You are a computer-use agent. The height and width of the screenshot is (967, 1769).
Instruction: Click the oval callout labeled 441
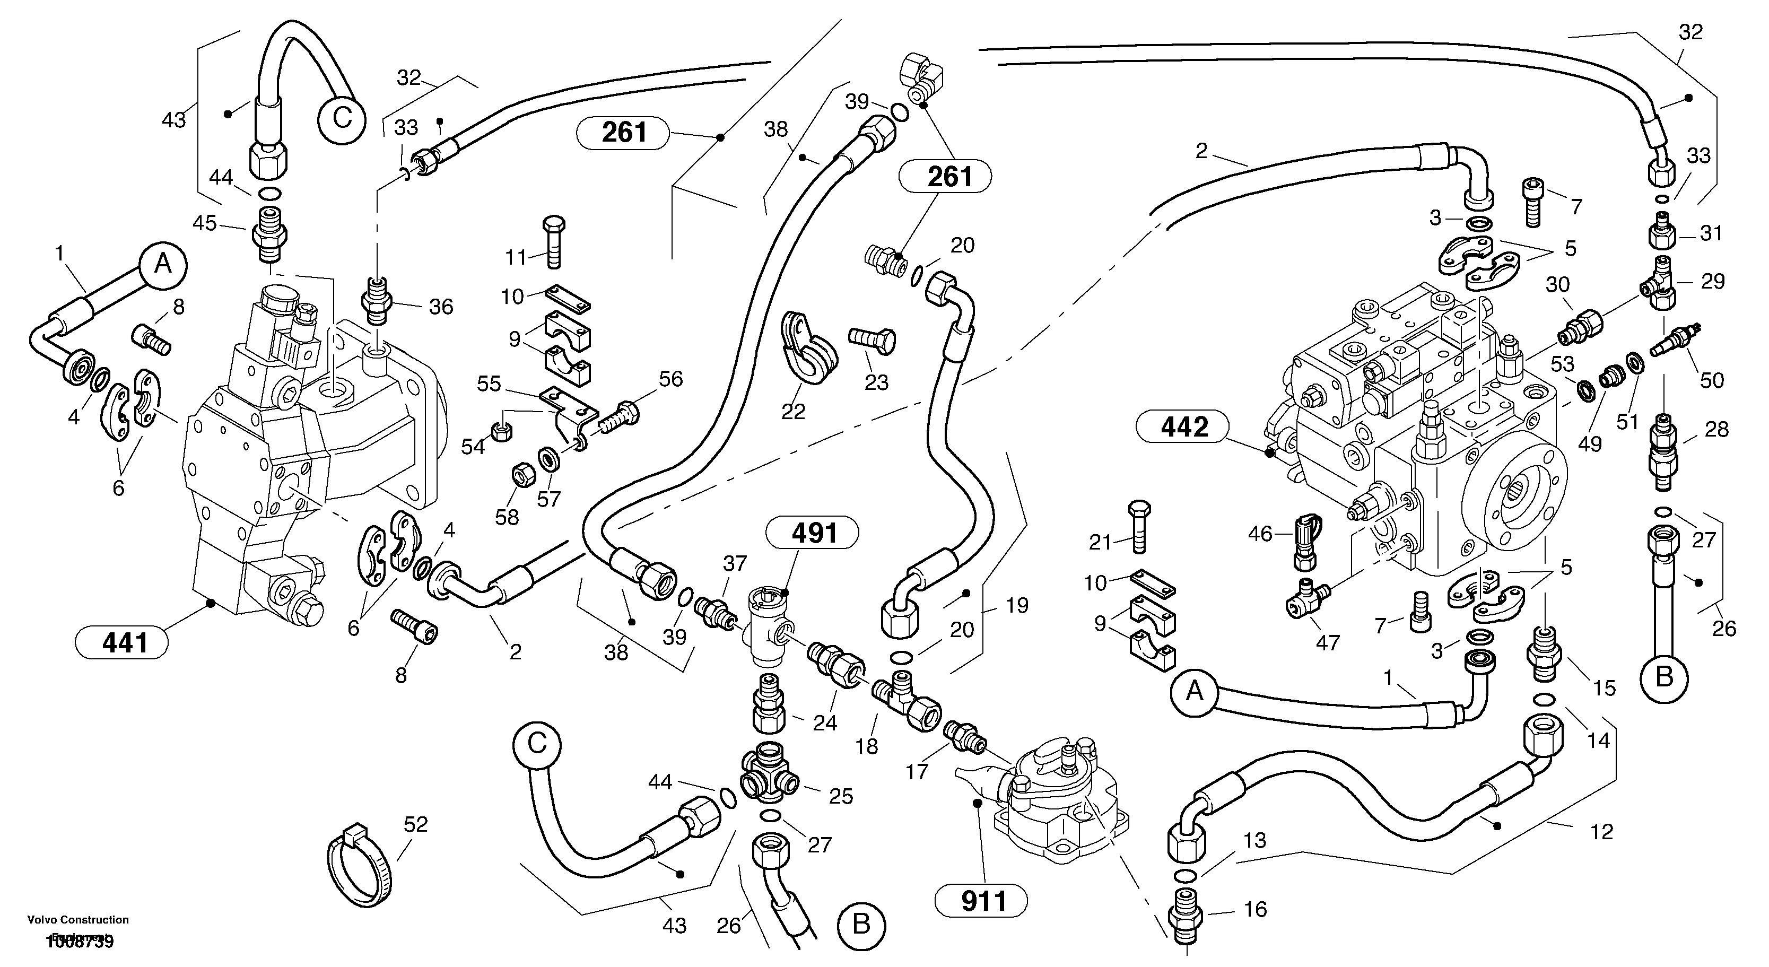coord(124,643)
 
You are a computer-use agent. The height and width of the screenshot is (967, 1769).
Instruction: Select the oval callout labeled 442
coord(1184,427)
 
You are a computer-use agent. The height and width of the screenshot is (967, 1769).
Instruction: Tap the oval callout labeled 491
coord(814,533)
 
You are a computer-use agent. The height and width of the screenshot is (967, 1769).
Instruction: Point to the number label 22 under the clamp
coord(792,412)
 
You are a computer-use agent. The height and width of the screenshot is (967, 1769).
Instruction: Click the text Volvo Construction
coord(77,920)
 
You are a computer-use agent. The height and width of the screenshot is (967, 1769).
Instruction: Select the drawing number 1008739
coord(80,942)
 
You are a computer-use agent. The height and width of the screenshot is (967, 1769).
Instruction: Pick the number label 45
coord(205,223)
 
